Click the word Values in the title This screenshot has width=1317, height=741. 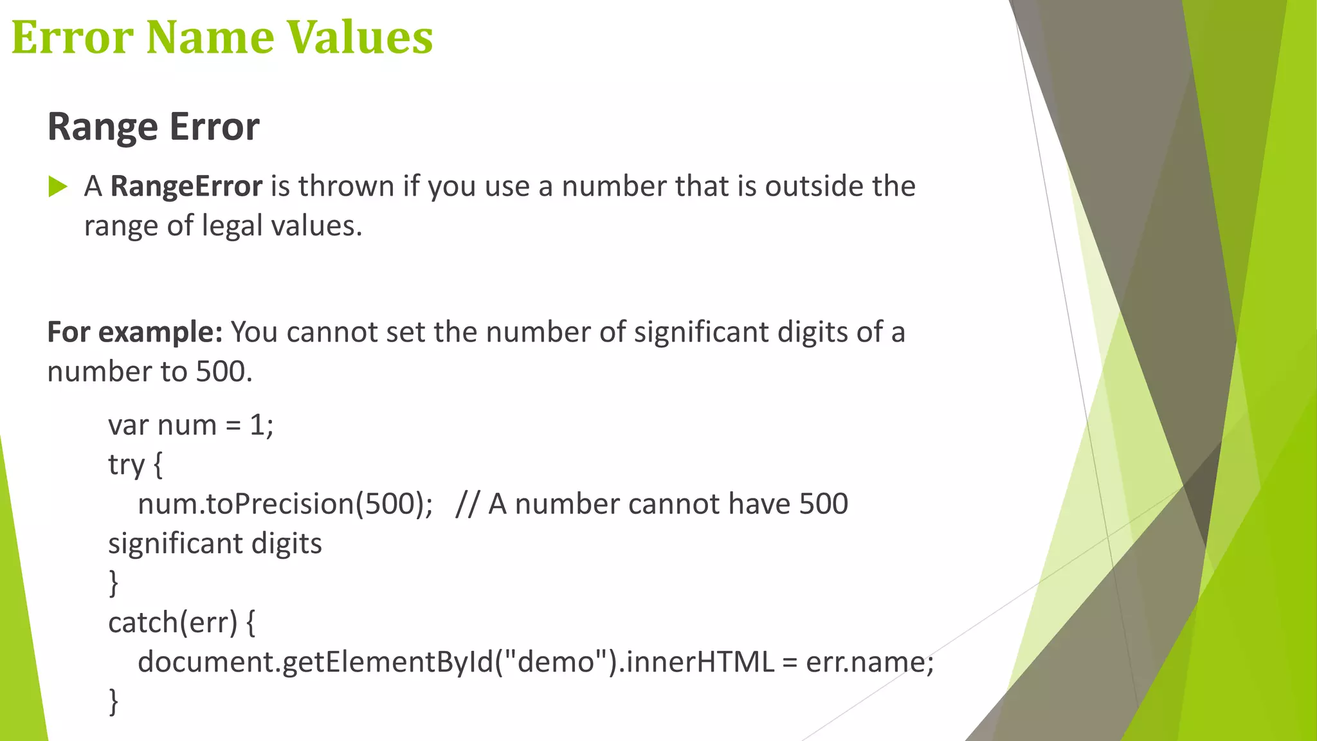[x=359, y=37]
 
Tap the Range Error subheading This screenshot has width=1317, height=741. [x=153, y=126]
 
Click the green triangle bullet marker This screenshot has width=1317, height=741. [x=58, y=187]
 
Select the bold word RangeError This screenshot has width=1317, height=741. [x=186, y=187]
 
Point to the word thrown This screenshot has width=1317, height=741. [x=346, y=187]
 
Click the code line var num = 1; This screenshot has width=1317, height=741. [x=191, y=425]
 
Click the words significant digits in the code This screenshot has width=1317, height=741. [x=215, y=544]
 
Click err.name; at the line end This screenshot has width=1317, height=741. [x=869, y=662]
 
